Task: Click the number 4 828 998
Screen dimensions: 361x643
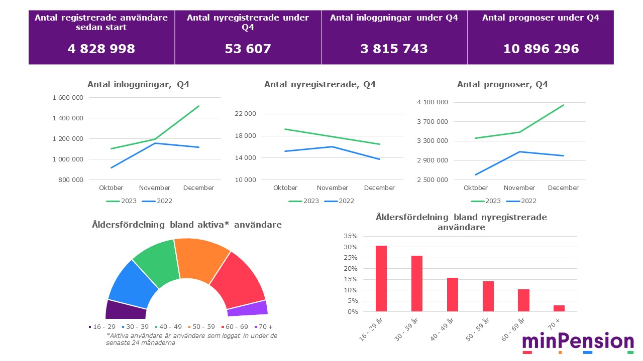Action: point(101,49)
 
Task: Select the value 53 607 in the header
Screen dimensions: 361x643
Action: point(248,49)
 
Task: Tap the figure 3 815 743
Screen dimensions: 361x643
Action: point(394,49)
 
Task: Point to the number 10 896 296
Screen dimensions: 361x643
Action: point(541,49)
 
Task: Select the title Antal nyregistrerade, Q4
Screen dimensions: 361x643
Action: point(319,85)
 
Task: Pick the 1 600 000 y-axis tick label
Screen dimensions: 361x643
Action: point(67,98)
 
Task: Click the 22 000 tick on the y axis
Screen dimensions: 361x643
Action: point(246,114)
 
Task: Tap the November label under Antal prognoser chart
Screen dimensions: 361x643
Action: point(519,188)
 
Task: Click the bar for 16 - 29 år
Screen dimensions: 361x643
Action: point(381,278)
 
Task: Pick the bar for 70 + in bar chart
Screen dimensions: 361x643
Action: point(559,308)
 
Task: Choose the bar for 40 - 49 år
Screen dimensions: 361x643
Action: point(453,294)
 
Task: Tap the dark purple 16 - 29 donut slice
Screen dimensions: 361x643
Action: point(125,310)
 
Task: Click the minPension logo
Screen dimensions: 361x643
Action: point(578,342)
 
